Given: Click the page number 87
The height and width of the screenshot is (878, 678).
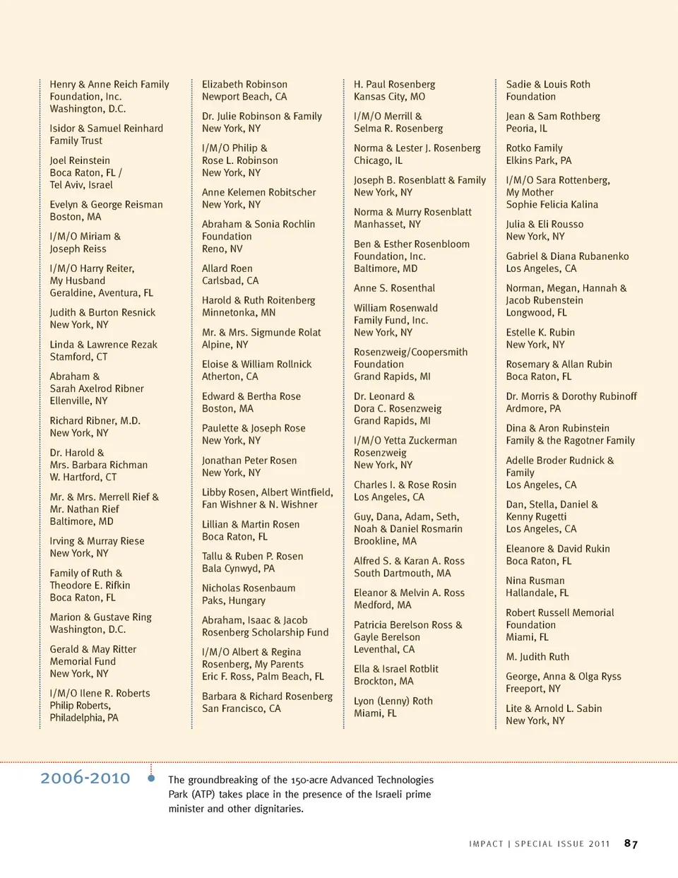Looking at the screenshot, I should point(631,843).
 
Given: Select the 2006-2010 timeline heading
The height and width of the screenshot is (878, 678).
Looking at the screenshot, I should point(85,778).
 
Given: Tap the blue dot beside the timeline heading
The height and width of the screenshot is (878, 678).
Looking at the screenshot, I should point(151,778).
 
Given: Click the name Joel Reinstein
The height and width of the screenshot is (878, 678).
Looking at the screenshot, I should point(80,160).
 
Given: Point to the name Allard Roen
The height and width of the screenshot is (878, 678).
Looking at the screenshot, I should point(227,268).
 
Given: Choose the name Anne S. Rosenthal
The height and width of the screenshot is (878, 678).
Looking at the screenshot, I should point(394,288).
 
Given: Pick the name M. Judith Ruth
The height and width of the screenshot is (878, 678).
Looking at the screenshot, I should point(537,656).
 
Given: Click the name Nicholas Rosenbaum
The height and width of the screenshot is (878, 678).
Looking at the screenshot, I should point(249,588).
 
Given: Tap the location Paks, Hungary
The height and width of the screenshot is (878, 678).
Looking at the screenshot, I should point(234,600).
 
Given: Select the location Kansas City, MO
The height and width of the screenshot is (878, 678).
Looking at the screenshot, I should point(389,97).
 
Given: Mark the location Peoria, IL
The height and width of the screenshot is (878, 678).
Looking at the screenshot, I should point(526,129).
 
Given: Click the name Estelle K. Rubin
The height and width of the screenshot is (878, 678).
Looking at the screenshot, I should point(540,332).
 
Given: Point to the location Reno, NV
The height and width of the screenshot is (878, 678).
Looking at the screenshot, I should point(222,249).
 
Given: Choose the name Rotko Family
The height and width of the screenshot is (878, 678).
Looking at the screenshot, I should point(534,148).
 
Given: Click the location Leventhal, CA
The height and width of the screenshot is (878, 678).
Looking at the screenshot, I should point(384,649).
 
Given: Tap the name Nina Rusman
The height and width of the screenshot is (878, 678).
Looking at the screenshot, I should point(535,581).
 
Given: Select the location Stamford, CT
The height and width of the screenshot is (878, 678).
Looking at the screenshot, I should point(78,357).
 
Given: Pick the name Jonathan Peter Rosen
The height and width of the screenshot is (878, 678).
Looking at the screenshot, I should point(249,461).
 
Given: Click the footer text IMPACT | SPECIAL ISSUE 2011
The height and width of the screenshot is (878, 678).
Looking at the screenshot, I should point(539,844).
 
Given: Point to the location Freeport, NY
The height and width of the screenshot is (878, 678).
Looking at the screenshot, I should point(533,689).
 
